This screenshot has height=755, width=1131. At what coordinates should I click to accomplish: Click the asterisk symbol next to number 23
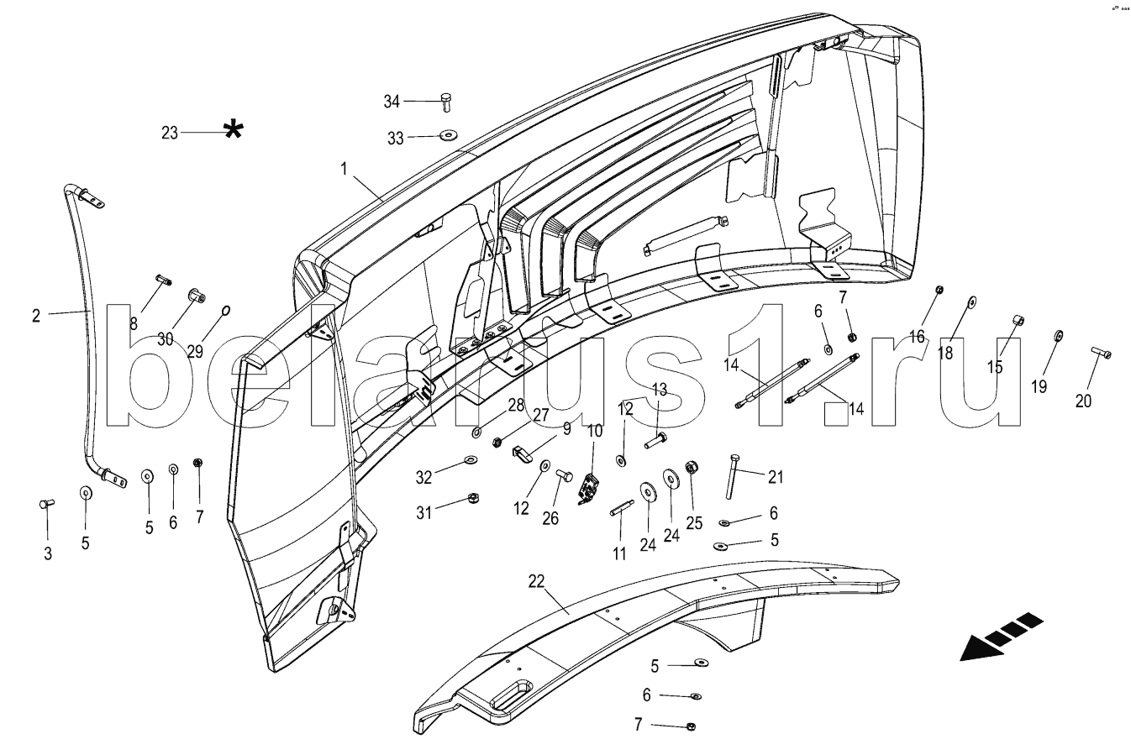pos(234,131)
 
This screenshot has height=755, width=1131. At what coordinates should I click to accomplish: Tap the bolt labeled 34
pos(446,102)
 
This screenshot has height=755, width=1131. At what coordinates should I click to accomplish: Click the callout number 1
pos(344,169)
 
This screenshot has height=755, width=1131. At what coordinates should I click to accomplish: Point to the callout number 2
pos(36,317)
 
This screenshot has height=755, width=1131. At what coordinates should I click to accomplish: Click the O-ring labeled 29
pos(226,309)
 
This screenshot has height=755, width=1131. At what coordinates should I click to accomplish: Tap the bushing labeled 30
pos(197,296)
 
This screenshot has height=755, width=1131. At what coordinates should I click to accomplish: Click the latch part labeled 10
pos(587,490)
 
